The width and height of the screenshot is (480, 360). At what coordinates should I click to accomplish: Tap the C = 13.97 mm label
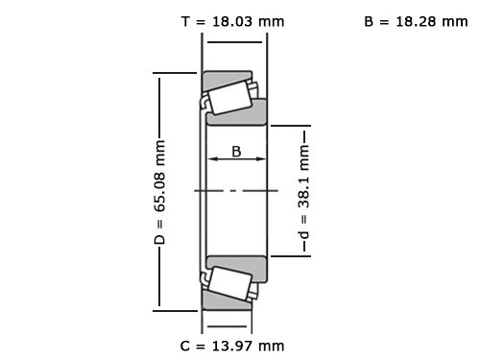point(232,345)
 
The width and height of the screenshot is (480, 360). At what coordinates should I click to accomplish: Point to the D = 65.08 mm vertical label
point(160,191)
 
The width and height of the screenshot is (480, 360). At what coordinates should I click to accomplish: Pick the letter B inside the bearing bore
point(236,150)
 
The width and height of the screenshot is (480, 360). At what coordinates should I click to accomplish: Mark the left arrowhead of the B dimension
point(214,160)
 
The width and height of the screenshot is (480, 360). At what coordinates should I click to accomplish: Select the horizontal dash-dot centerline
point(236,191)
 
